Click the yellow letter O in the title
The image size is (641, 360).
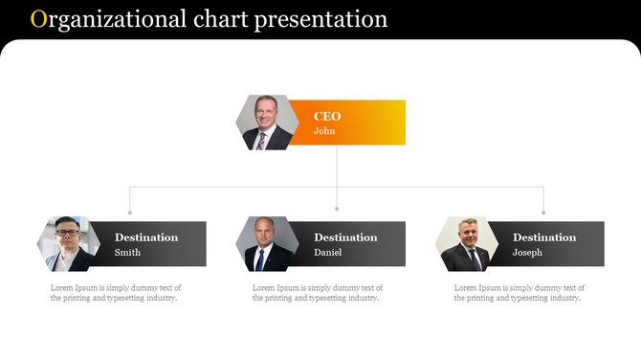[37, 19]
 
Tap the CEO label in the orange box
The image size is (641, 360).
[327, 117]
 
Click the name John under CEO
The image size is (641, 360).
[324, 131]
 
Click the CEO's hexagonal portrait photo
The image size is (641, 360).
[267, 123]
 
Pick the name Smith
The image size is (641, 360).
[127, 253]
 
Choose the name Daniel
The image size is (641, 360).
[327, 253]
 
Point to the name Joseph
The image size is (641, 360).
[527, 253]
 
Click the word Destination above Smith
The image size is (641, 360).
[146, 237]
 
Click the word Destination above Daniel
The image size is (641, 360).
[345, 237]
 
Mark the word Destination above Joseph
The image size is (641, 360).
[544, 237]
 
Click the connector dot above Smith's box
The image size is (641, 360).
[130, 213]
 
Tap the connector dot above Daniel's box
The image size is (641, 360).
[337, 208]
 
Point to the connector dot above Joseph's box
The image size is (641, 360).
[543, 213]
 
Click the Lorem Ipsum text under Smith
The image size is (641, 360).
[116, 292]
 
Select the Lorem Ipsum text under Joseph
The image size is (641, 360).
[519, 292]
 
